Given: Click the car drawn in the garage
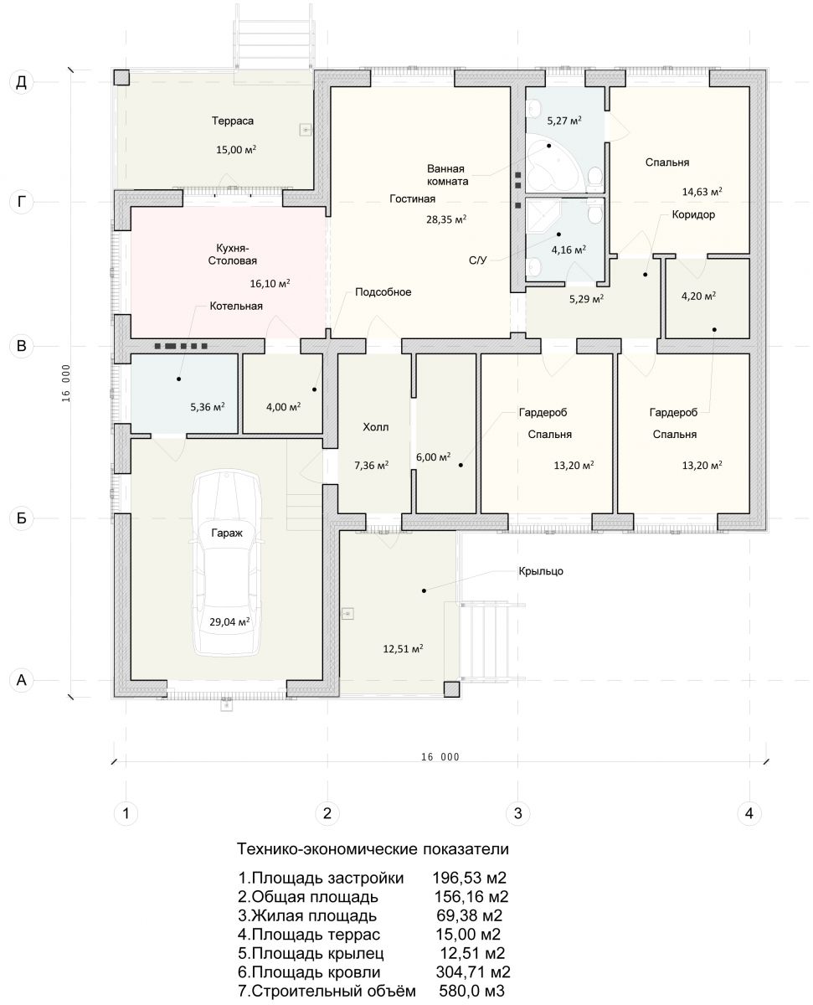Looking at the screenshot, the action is [x=227, y=564].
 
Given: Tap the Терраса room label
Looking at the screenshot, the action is [x=233, y=121].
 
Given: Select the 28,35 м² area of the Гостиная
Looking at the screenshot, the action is [x=446, y=219].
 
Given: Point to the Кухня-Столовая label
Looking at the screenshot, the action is [x=233, y=255].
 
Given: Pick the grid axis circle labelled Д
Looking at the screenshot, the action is [x=22, y=82].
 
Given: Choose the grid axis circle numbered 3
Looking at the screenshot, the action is [x=517, y=813].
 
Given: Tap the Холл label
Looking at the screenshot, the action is [x=375, y=427].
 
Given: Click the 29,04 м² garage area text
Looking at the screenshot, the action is [x=229, y=621].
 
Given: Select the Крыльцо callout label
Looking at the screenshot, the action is [x=540, y=571].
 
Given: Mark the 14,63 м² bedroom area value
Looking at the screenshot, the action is [x=702, y=192].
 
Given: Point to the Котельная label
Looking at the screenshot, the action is [x=236, y=306].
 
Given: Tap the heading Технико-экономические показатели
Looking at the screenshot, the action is [x=373, y=849].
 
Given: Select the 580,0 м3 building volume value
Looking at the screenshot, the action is [x=471, y=991].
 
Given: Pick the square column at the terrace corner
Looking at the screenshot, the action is [x=121, y=77].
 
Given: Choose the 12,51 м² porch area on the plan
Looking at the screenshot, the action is [x=403, y=648].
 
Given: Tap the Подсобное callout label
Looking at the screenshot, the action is [x=383, y=291].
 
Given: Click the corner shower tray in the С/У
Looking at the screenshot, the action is [x=543, y=217].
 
